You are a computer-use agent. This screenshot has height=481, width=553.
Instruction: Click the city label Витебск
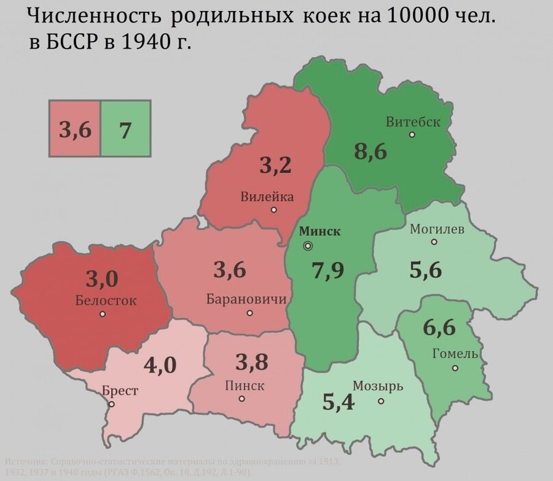(x=413, y=122)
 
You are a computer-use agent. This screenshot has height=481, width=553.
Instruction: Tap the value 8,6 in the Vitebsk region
(x=370, y=152)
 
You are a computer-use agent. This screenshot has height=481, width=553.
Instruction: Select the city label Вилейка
(x=267, y=197)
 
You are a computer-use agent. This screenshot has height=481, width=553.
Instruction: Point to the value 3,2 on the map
(x=275, y=165)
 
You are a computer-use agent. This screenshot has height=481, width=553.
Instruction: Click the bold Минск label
(x=321, y=231)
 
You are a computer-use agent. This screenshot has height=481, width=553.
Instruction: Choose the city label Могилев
(x=437, y=229)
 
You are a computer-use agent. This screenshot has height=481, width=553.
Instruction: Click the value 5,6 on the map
(x=426, y=270)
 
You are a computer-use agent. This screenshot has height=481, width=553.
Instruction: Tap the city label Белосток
(x=106, y=300)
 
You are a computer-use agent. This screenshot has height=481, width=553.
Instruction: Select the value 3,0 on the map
(x=102, y=279)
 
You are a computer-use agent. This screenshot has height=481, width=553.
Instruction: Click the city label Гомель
(x=455, y=353)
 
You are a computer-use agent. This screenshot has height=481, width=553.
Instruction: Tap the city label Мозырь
(x=378, y=386)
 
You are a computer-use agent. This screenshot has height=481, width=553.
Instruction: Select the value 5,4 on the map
(x=338, y=402)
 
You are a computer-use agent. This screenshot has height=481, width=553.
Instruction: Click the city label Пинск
(x=245, y=386)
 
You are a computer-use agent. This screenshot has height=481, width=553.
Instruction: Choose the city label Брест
(x=120, y=390)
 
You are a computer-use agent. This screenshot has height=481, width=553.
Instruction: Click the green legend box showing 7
(x=125, y=128)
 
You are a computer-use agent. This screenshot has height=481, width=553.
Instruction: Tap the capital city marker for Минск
(x=308, y=245)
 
